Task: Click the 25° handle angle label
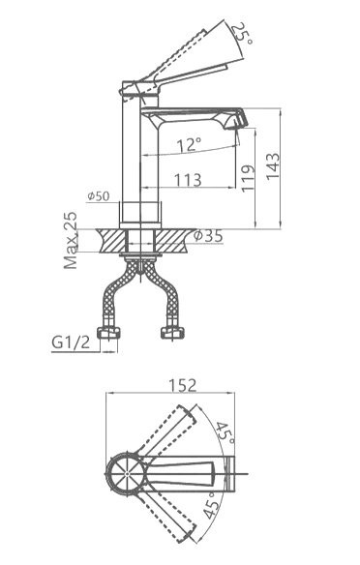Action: click(x=241, y=33)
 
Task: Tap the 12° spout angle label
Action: click(x=189, y=145)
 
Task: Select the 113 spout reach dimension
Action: click(x=188, y=180)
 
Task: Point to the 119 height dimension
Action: click(x=248, y=178)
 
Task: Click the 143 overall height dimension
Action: click(x=273, y=165)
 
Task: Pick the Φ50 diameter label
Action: click(x=98, y=196)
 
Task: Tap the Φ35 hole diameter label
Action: click(x=208, y=236)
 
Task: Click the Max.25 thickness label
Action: click(x=71, y=240)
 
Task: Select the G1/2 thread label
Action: click(x=71, y=342)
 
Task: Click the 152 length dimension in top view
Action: click(x=183, y=385)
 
